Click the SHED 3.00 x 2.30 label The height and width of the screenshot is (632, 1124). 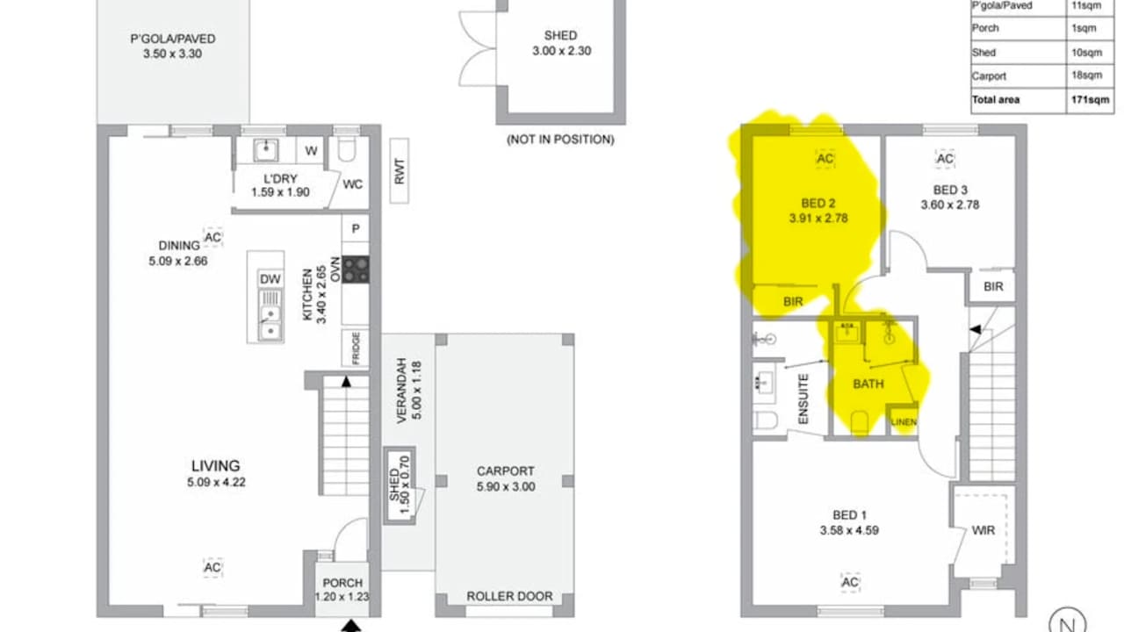coord(561,43)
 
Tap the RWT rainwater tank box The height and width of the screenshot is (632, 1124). coord(400,171)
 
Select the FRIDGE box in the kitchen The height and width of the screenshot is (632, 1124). coord(356,348)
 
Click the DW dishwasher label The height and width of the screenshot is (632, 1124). coord(270,279)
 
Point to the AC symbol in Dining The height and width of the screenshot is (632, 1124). coord(213,238)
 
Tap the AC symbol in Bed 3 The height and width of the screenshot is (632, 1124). coord(945,159)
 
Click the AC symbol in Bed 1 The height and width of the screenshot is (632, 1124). coord(849,583)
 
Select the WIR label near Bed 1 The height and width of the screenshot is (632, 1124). coord(983,530)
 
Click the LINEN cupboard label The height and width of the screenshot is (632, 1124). coord(904,422)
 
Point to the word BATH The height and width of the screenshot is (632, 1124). coord(868,384)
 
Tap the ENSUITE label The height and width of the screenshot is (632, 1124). coord(803,400)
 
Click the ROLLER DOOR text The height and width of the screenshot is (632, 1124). coord(509,596)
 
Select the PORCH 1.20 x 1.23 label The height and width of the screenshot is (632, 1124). coord(342,590)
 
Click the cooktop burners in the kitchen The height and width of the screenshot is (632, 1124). coord(356,269)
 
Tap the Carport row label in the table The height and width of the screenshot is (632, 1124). coord(989,76)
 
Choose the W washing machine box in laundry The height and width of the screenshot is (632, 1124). coord(311,151)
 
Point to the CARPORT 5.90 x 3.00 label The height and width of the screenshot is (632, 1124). coord(505,478)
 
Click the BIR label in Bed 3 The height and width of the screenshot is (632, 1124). coord(993,287)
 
